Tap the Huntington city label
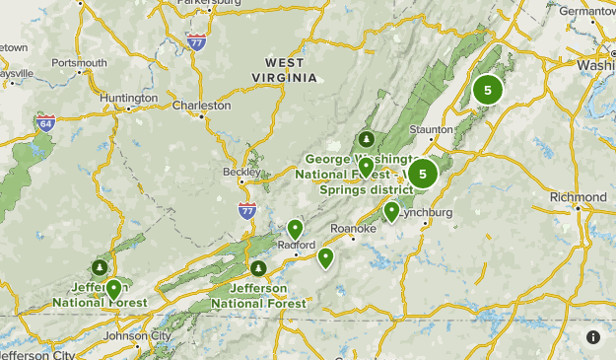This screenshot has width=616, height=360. pyautogui.click(x=128, y=98)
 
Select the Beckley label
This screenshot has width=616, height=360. pyautogui.click(x=242, y=171)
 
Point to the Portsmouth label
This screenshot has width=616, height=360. pyautogui.click(x=79, y=62)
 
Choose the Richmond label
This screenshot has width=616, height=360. pyautogui.click(x=579, y=197)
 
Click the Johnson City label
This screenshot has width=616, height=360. pyautogui.click(x=138, y=335)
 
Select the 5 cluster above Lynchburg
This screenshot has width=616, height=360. pyautogui.click(x=423, y=175)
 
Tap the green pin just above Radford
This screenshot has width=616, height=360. pyautogui.click(x=295, y=229)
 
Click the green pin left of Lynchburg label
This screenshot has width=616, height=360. pyautogui.click(x=391, y=210)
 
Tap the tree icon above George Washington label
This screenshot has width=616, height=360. pyautogui.click(x=367, y=138)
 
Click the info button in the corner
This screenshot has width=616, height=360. pyautogui.click(x=593, y=337)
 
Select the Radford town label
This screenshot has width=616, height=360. pyautogui.click(x=298, y=245)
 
